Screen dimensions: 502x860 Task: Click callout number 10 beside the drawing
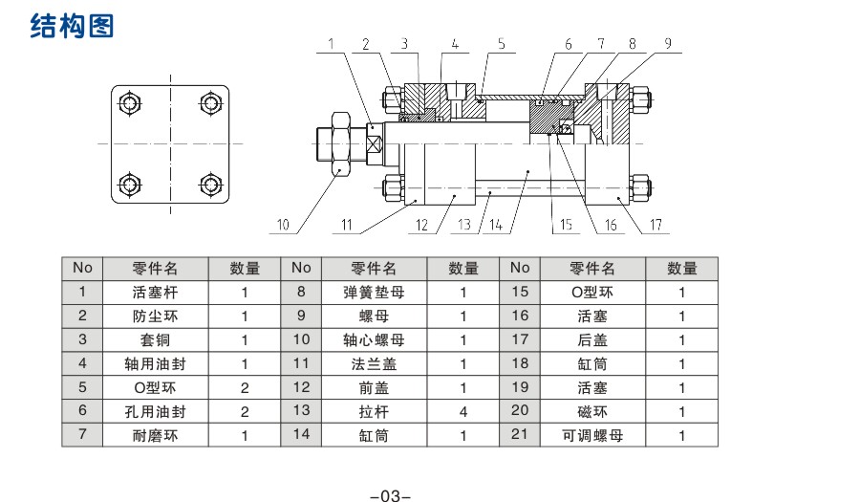[282, 226]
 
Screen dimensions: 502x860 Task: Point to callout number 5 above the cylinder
[501, 44]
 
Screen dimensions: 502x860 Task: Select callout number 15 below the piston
[566, 226]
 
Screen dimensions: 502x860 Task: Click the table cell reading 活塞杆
[155, 292]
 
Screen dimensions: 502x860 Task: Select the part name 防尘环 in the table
[155, 316]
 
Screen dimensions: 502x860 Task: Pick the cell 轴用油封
[155, 363]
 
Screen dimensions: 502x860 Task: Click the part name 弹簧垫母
[374, 292]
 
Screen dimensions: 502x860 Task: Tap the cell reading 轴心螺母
[374, 339]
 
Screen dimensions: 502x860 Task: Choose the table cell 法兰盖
[374, 363]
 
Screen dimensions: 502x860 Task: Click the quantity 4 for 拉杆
[463, 411]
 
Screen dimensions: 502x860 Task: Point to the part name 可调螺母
[592, 435]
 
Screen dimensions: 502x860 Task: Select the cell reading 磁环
[592, 411]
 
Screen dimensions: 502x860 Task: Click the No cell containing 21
[520, 435]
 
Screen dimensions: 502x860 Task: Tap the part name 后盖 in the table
[592, 339]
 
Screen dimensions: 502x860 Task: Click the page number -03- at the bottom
[390, 496]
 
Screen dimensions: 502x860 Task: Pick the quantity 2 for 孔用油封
[245, 411]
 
